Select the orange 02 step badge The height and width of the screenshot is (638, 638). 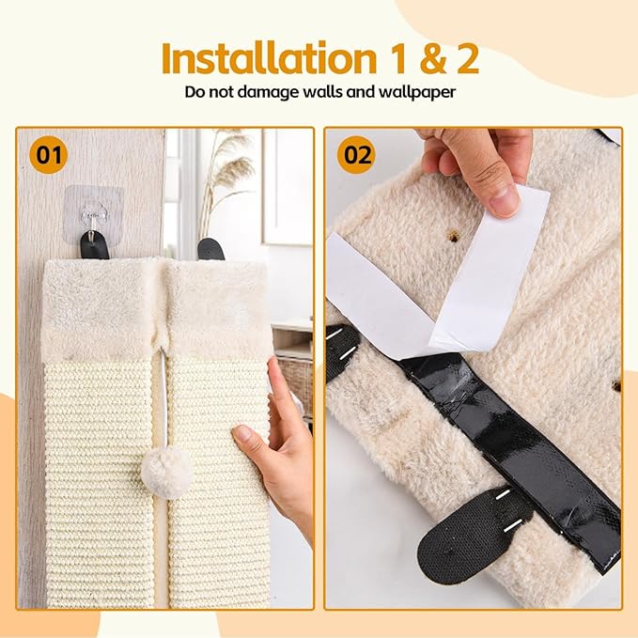tap(356, 154)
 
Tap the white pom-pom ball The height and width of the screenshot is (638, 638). tap(167, 472)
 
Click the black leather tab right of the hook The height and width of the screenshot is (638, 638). tap(211, 248)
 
